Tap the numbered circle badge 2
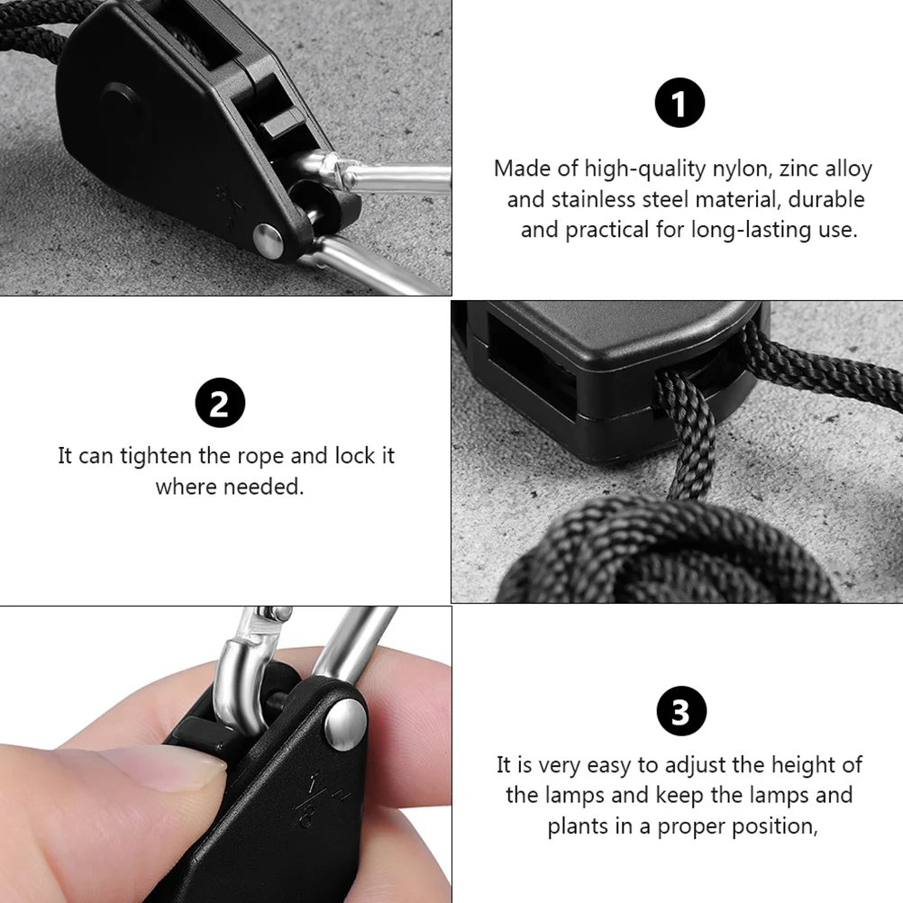coord(220,405)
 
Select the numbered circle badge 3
coord(680,712)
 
